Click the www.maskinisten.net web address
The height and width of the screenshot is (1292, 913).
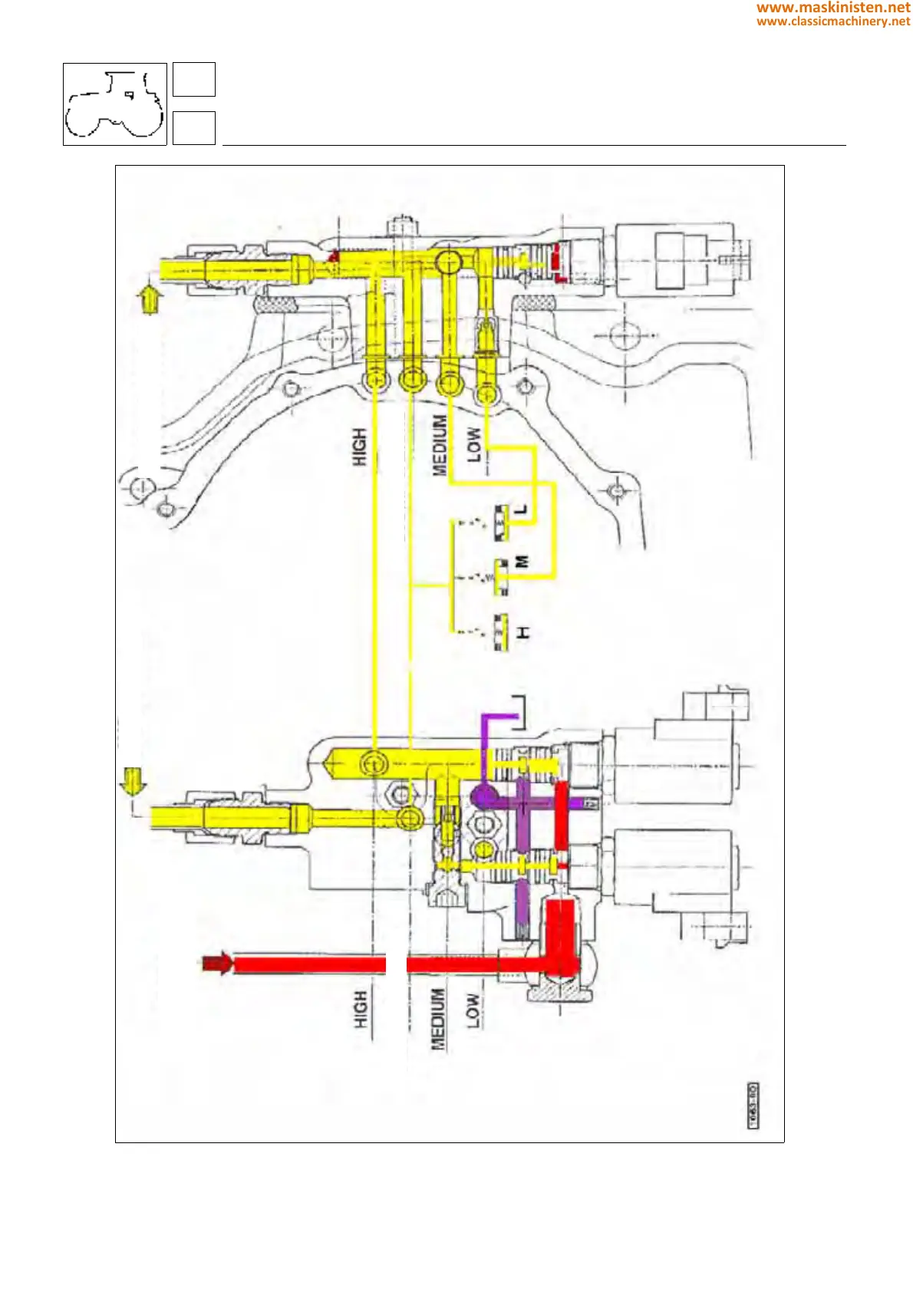(x=832, y=8)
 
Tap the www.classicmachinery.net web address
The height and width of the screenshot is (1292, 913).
(x=832, y=21)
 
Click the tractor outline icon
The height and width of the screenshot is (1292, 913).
(x=115, y=104)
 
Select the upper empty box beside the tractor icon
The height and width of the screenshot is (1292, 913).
(x=194, y=80)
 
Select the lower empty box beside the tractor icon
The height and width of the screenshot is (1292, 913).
(x=194, y=128)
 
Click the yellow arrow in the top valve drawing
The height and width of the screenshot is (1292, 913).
(x=149, y=298)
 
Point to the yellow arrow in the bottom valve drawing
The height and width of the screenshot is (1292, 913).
(x=133, y=783)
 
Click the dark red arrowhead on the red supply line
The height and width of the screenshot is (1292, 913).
(x=217, y=964)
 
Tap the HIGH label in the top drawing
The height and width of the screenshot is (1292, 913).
(x=359, y=448)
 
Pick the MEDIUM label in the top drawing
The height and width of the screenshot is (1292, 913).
(x=440, y=445)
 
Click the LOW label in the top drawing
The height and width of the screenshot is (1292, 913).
(x=474, y=445)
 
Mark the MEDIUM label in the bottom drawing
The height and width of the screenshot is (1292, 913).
(x=437, y=1019)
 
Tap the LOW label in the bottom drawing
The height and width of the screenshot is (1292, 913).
(x=473, y=1011)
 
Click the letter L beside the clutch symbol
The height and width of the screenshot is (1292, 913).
(x=522, y=509)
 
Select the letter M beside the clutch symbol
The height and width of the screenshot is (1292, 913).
(x=522, y=562)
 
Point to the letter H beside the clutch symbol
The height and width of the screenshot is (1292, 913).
(x=522, y=633)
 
